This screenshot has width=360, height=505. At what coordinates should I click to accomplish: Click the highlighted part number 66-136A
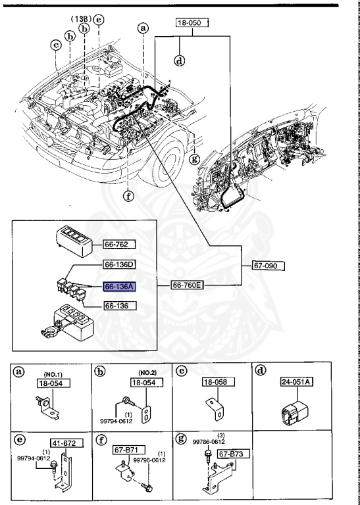click(x=119, y=287)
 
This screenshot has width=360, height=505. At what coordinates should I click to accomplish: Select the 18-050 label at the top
click(x=192, y=23)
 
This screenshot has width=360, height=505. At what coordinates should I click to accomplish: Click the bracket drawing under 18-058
click(x=215, y=407)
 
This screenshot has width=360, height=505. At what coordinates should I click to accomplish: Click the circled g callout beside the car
click(x=194, y=158)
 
